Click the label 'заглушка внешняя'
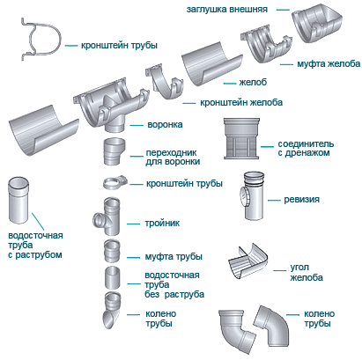(x=227, y=10)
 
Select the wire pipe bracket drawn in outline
(x=41, y=40)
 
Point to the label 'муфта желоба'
(x=329, y=63)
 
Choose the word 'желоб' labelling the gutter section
(x=253, y=82)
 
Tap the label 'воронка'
(x=165, y=125)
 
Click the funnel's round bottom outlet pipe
(x=115, y=126)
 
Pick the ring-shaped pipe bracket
(x=115, y=183)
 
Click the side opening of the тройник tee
(x=98, y=219)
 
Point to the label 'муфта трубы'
(x=174, y=257)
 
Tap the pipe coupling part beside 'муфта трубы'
(x=112, y=250)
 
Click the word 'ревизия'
(x=301, y=200)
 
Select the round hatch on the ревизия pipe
(x=244, y=196)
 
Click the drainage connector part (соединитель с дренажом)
(x=241, y=139)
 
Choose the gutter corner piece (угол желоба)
(x=248, y=261)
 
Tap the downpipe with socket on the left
(x=18, y=201)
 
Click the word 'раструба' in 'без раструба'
(x=184, y=294)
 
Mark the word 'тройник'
(x=162, y=224)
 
